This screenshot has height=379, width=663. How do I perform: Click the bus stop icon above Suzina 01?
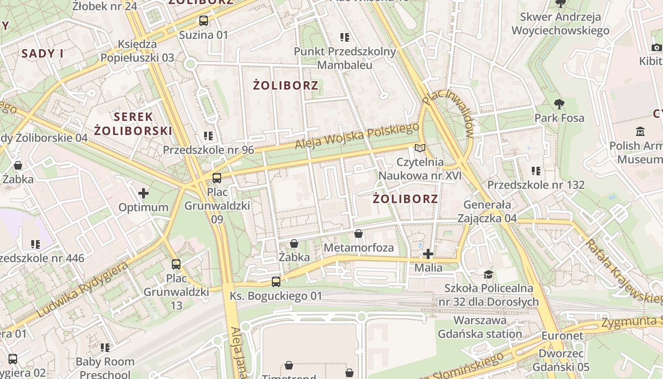203,21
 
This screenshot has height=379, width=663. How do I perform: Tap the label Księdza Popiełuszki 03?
137,51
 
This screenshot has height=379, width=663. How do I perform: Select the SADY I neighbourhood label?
43,54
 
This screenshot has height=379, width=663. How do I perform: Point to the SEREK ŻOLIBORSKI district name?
133,124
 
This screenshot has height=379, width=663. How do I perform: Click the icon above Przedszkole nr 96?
208,136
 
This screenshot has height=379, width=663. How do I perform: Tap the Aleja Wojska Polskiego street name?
357,136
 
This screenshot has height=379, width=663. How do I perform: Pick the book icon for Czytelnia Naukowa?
420,148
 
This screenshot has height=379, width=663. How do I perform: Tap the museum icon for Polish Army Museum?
641,131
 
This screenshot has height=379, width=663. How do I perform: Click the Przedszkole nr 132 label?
536,185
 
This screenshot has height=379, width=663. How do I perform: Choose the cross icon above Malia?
428,254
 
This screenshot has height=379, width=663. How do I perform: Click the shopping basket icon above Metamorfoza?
358,234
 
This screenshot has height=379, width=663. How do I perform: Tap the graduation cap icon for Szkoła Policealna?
488,274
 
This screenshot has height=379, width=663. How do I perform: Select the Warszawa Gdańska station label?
480,327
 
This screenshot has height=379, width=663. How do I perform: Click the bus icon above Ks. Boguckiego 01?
276,282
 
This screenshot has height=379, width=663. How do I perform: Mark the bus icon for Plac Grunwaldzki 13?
176,264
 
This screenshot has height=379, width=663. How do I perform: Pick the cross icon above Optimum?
143,193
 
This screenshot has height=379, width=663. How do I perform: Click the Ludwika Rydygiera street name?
82,289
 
